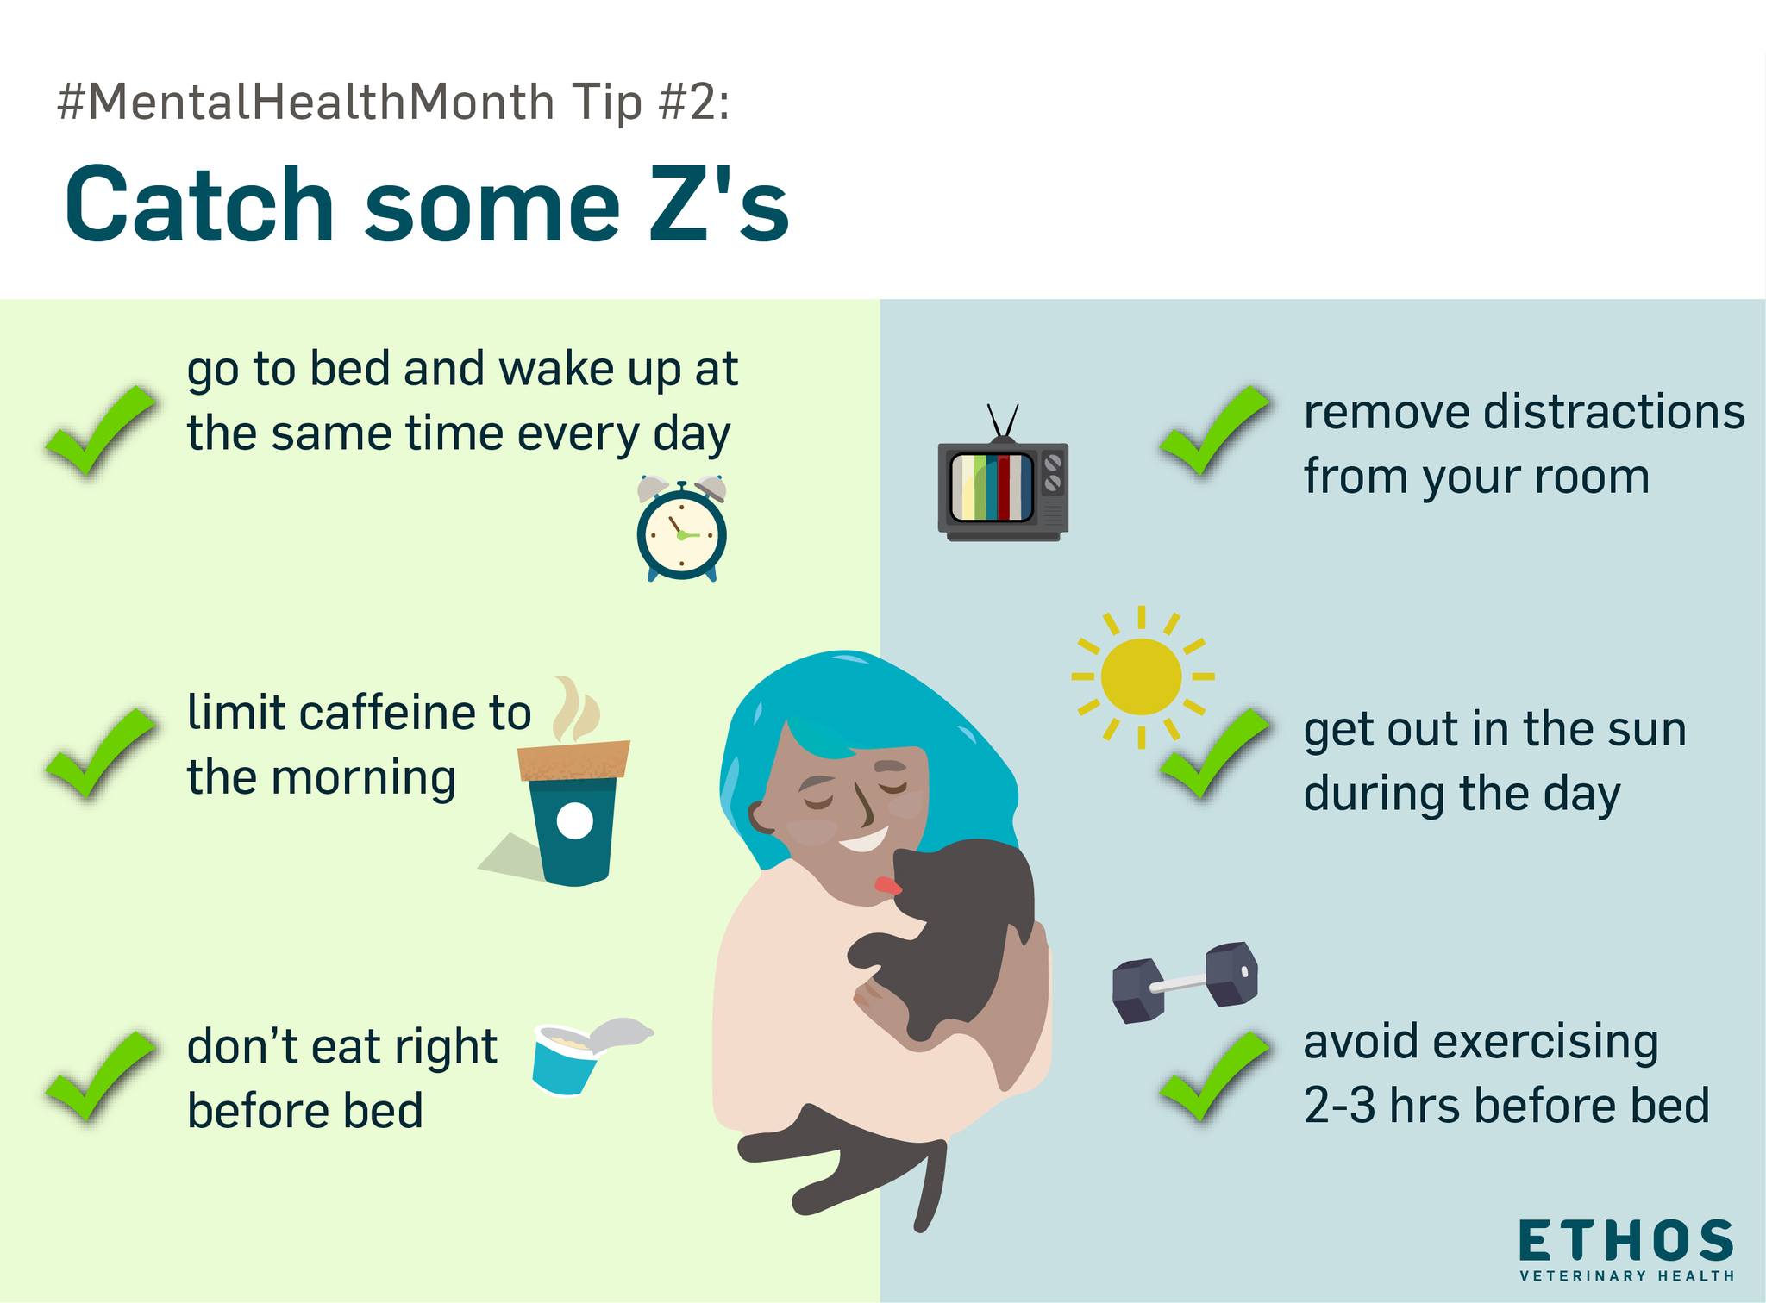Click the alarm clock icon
681,528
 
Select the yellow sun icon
1142,676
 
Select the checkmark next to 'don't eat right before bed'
100,1077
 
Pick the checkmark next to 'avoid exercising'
1214,1077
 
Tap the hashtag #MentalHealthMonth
306,103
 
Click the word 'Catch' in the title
198,204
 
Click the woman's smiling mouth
862,839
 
